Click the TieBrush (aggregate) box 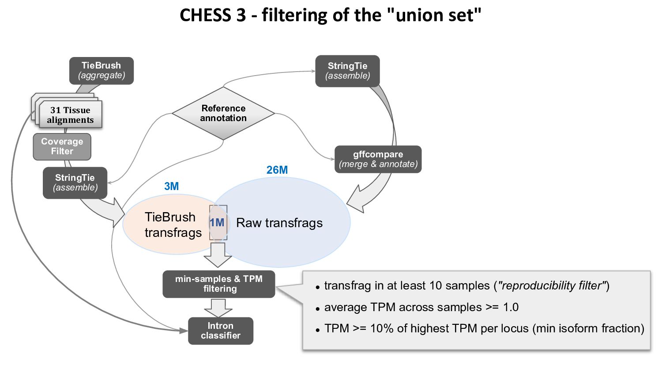102,71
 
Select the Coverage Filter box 62,147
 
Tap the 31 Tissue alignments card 70,115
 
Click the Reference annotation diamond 223,113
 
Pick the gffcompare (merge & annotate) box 378,159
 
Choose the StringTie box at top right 347,71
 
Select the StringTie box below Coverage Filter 75,183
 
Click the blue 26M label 277,170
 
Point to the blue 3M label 172,186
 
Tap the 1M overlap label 217,223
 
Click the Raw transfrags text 279,223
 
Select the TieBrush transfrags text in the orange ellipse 173,225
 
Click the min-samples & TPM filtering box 219,284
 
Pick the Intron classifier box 221,331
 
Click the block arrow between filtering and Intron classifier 218,307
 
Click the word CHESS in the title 205,15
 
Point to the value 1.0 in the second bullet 511,307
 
